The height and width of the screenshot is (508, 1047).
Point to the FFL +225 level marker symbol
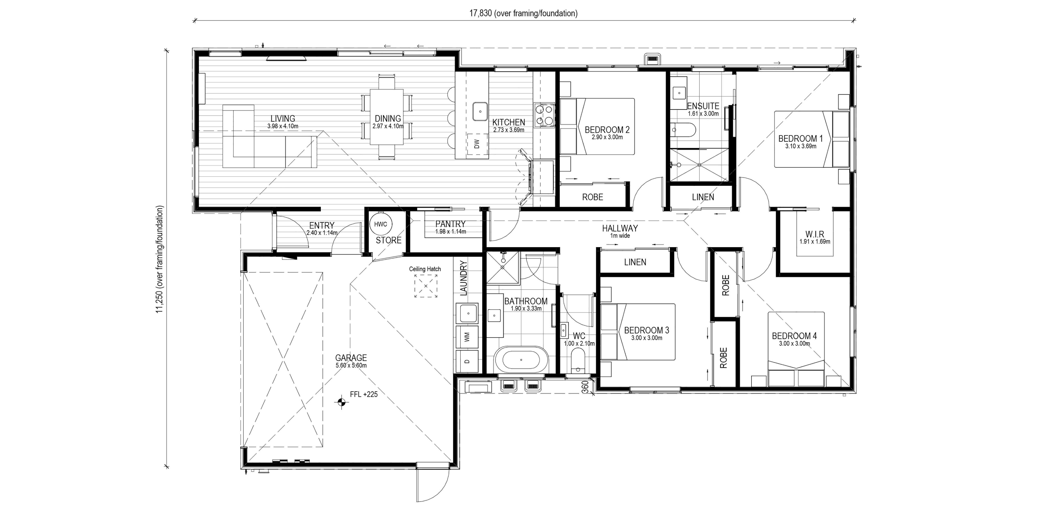coord(341,402)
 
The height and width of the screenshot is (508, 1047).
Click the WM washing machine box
coord(467,336)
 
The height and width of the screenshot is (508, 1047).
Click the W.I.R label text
coord(815,234)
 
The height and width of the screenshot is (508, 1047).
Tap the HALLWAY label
coord(620,228)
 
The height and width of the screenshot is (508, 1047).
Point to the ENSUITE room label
coord(703,106)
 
